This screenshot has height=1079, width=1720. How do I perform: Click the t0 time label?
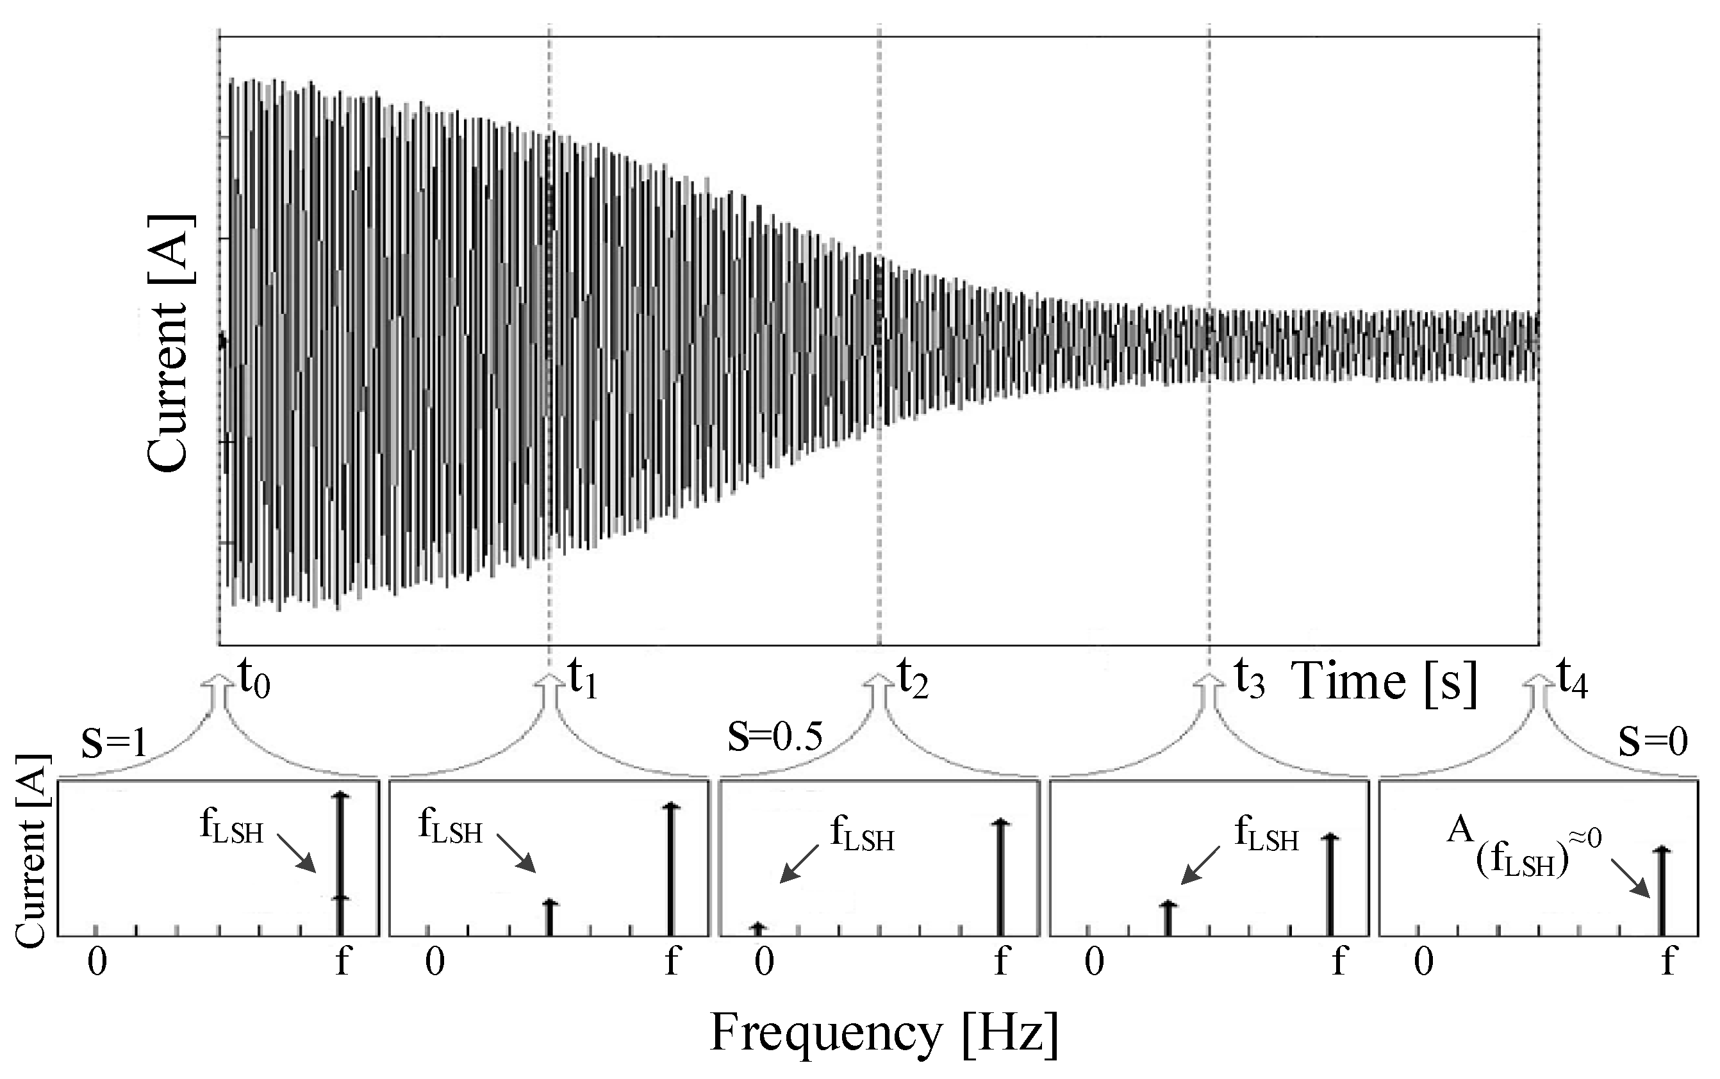tap(253, 680)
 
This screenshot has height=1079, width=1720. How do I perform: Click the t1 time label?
tap(583, 680)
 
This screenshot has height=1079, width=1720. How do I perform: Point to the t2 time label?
tap(912, 680)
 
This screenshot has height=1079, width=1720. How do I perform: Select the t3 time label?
tap(1249, 680)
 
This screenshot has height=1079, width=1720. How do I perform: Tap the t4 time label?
tap(1572, 680)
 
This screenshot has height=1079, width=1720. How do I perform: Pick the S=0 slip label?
tap(1652, 742)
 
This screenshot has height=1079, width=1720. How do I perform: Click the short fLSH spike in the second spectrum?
tap(549, 918)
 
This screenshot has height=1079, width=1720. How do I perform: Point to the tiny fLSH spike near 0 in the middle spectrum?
tap(759, 928)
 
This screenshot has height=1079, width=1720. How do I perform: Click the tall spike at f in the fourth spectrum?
tap(1330, 885)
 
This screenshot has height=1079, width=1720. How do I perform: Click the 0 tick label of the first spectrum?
tap(97, 962)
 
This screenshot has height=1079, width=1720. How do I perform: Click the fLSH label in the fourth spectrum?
tap(1266, 835)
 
